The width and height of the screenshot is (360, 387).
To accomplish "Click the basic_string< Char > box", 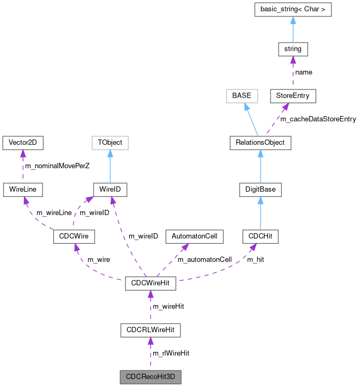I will point(292,10).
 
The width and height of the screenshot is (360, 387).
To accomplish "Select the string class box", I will point(293,49).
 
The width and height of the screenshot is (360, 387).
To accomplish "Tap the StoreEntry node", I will point(293,96).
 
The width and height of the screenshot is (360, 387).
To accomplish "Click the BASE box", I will point(241,96).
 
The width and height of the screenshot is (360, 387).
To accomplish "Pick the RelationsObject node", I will point(260,142).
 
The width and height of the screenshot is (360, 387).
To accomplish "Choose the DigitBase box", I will point(260,189).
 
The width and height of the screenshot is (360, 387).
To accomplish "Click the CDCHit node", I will point(260,235).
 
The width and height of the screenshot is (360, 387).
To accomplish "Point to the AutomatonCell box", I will point(195,235).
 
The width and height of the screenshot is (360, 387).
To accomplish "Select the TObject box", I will point(110,142).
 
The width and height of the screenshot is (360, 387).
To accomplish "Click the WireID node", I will point(110,189).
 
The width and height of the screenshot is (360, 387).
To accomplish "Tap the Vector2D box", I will point(22,142).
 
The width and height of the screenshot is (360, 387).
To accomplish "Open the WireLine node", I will point(22,189).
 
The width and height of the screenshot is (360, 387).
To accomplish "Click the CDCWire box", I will point(74,235).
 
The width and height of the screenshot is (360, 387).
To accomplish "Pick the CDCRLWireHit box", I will point(150,330).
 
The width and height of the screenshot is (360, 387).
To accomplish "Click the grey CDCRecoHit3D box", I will point(150,376).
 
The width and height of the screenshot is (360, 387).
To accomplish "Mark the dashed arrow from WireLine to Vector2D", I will point(22,166).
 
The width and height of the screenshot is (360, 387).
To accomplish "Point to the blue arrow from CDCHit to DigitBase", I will point(260,212).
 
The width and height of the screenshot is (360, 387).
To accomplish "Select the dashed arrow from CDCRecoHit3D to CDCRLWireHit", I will point(150,353).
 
